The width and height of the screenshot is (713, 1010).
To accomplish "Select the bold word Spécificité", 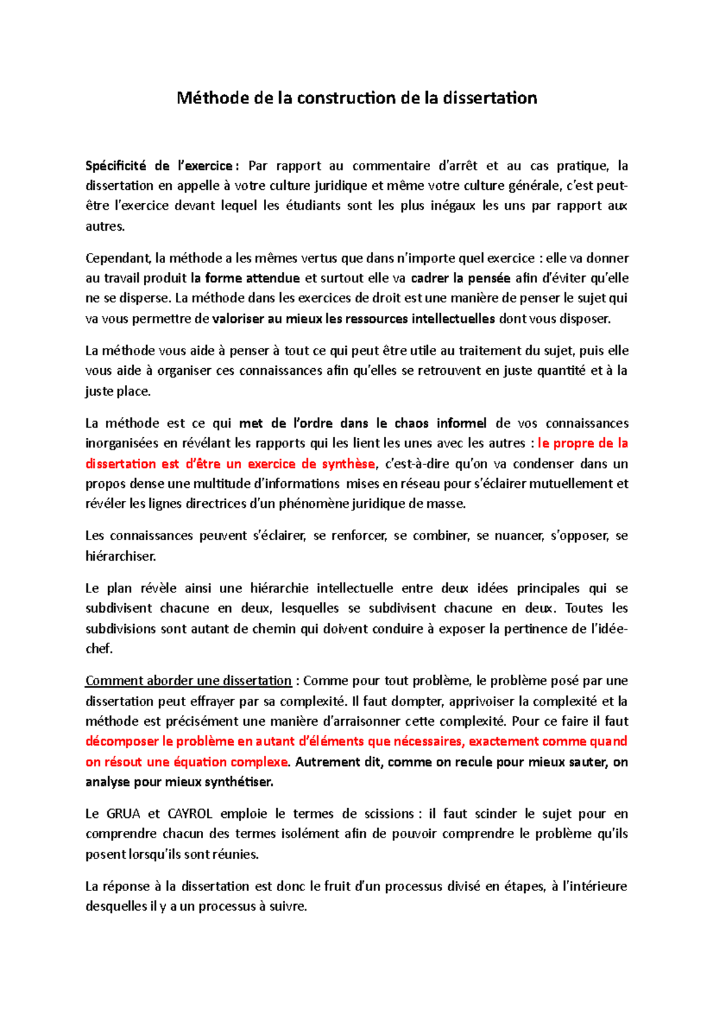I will tap(116, 165).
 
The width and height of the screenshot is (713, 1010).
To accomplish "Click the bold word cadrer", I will tap(430, 278).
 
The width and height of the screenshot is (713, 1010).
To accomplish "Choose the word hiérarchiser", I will tap(121, 557).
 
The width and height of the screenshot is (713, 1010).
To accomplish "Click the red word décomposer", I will tap(122, 742).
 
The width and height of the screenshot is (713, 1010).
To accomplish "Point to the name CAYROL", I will tap(186, 814).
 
